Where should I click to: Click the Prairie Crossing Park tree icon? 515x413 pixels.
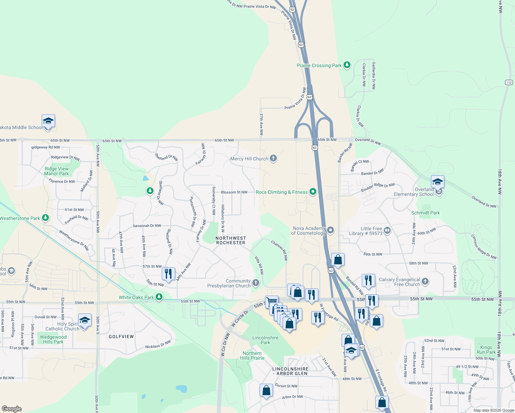[x=347, y=65]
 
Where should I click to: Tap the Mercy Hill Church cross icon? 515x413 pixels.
[x=273, y=159]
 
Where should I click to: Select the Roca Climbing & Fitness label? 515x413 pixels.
[x=282, y=192]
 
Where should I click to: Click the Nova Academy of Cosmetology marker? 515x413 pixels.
[x=330, y=230]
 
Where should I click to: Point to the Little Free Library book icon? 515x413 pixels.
[x=387, y=230]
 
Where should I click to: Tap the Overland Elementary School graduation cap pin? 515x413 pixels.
[x=438, y=182]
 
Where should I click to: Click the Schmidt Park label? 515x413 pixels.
[x=425, y=213]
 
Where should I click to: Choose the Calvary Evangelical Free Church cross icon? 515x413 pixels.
[x=425, y=282]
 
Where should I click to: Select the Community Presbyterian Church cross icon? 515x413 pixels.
[x=256, y=283]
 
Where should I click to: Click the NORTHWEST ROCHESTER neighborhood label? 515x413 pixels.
[x=231, y=240]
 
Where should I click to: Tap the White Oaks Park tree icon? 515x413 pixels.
[x=159, y=297]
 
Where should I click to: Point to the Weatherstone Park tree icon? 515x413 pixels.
[x=45, y=218]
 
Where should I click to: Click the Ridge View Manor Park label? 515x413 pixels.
[x=56, y=171]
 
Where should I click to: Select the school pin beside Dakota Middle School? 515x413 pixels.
[x=48, y=121]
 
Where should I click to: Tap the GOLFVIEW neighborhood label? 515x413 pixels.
[x=121, y=337]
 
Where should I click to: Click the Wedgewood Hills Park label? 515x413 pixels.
[x=53, y=339]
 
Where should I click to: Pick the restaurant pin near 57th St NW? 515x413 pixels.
[x=168, y=274]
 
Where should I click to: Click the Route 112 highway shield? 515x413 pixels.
[x=509, y=82]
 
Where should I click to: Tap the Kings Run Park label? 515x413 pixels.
[x=486, y=350]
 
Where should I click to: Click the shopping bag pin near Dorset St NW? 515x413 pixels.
[x=266, y=391]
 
